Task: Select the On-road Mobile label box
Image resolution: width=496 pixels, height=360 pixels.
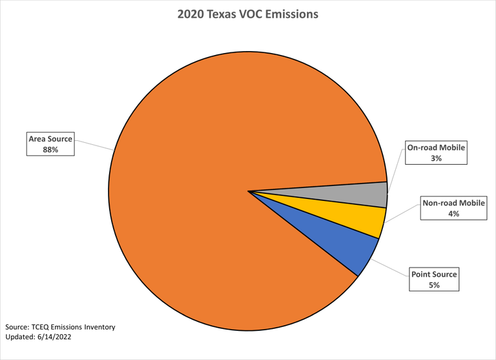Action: click(437, 153)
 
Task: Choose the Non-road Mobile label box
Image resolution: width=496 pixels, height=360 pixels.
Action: click(453, 208)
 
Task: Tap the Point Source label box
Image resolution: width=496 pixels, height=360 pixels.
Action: click(434, 279)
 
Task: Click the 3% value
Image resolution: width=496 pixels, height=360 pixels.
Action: click(437, 158)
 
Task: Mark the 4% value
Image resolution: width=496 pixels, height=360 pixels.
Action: click(453, 213)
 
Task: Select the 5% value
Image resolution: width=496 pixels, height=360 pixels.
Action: click(434, 284)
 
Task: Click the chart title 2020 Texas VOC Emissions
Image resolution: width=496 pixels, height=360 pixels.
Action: click(248, 14)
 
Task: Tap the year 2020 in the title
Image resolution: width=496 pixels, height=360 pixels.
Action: click(191, 14)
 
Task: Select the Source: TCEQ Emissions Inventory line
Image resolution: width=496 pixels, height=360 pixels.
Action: click(60, 327)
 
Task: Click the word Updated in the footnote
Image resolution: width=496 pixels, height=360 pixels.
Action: click(19, 337)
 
